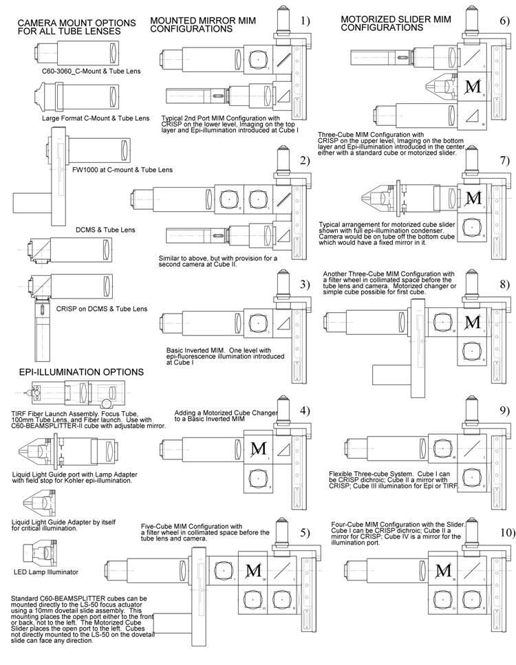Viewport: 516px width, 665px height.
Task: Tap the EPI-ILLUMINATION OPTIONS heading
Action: point(81,372)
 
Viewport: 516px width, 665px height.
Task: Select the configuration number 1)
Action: point(305,21)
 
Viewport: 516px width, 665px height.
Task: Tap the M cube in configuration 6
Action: point(473,87)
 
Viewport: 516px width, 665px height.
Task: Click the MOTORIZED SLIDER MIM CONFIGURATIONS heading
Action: point(387,23)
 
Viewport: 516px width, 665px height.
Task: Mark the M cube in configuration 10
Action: point(444,570)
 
